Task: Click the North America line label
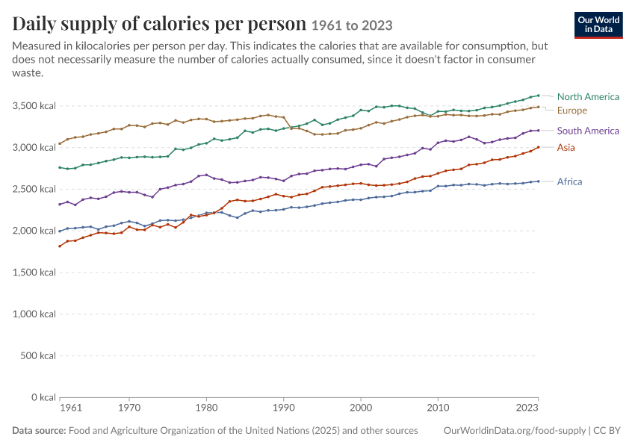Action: point(588,97)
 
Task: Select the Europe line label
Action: point(571,111)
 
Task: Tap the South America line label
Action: point(588,131)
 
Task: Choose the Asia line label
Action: point(566,147)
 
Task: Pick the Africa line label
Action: point(569,181)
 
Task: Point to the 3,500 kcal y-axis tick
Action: point(34,106)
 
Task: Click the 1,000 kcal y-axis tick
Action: point(34,314)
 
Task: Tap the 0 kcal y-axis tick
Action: point(43,397)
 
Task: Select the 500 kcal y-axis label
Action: point(37,355)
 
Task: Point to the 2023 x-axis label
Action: point(527,407)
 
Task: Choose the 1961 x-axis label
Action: point(71,407)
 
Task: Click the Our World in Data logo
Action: point(598,25)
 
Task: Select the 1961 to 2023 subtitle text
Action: point(352,25)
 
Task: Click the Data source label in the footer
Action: point(39,431)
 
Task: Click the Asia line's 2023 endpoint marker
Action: point(538,147)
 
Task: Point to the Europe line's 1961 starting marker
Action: point(60,143)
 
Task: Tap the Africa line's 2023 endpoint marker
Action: point(538,181)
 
